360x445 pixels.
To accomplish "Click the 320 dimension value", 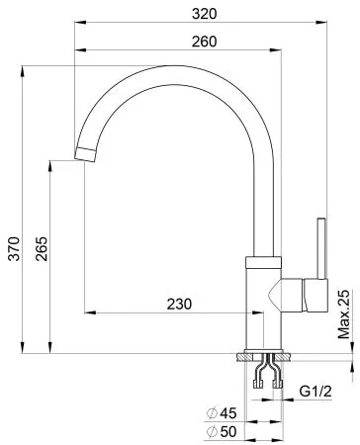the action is tap(205, 14).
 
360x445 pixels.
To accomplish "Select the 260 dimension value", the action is tap(205, 42).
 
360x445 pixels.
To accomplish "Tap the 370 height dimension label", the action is tap(14, 248).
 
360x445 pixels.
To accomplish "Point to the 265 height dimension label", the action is tap(42, 248).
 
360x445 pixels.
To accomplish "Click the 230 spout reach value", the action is tap(179, 304).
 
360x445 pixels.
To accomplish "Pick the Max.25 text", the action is tap(344, 314).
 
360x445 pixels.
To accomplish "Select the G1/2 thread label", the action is tap(315, 392).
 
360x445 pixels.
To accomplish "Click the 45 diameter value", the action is tap(228, 413).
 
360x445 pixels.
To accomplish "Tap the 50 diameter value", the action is tap(228, 431).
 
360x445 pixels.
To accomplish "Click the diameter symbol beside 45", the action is tap(212, 413).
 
